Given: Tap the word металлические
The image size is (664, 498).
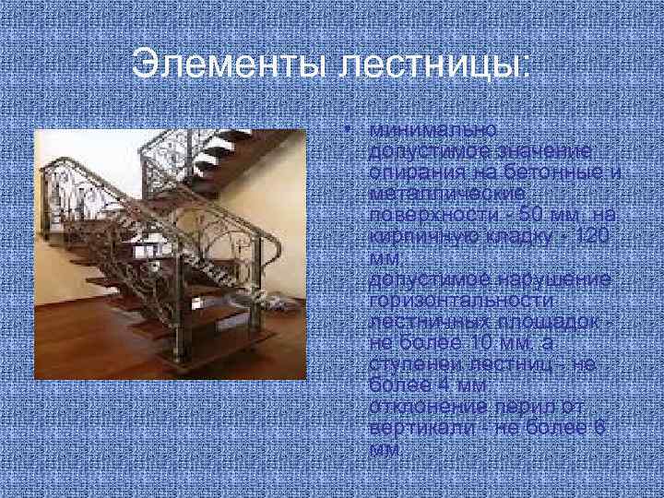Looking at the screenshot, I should pyautogui.click(x=446, y=194).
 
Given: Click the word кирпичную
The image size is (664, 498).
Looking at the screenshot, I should pyautogui.click(x=414, y=236).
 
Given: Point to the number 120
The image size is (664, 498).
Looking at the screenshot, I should pyautogui.click(x=590, y=236).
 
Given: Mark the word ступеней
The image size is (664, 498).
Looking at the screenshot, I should pyautogui.click(x=412, y=364).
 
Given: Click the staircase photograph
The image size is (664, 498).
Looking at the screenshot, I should pyautogui.click(x=170, y=255).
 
